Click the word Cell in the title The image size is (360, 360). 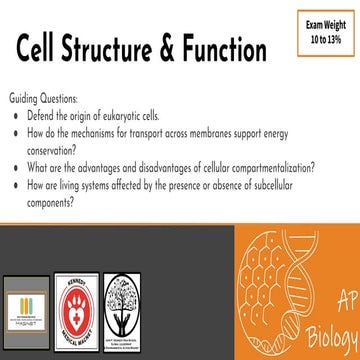click(45, 49)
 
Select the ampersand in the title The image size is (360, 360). click(190, 49)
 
